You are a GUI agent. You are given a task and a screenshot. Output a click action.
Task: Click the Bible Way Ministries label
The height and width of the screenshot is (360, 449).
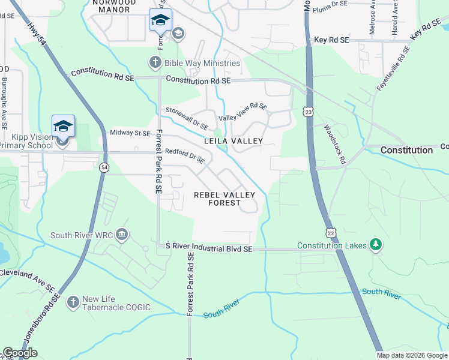pyautogui.click(x=203, y=63)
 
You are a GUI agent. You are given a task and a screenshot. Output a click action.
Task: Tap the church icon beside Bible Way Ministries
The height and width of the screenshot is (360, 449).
pyautogui.click(x=155, y=62)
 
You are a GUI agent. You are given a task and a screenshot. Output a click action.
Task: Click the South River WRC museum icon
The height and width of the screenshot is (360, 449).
pyautogui.click(x=121, y=233)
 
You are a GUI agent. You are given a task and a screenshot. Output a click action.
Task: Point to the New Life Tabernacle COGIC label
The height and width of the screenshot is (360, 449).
pyautogui.click(x=116, y=304)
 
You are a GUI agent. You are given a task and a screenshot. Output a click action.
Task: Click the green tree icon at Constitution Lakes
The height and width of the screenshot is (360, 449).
pyautogui.click(x=376, y=245)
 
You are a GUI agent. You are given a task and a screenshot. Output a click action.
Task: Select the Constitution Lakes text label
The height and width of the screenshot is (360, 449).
pyautogui.click(x=333, y=247)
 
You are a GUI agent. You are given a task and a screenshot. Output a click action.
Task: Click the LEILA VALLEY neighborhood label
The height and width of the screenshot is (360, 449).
pyautogui.click(x=234, y=141)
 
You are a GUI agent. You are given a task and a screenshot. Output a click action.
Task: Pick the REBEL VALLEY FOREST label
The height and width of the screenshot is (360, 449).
pyautogui.click(x=224, y=199)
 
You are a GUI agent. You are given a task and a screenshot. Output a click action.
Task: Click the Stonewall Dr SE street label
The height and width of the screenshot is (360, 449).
pyautogui.click(x=187, y=119)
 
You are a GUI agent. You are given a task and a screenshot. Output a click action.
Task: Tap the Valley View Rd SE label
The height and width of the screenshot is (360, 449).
pyautogui.click(x=243, y=112)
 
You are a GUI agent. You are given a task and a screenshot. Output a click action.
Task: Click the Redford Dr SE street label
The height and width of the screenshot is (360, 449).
pyautogui.click(x=185, y=156)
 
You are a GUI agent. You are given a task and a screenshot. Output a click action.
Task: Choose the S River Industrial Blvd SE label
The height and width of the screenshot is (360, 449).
pyautogui.click(x=209, y=248)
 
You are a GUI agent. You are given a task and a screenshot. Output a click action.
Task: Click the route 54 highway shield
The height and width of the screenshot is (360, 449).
pyautogui.click(x=104, y=167)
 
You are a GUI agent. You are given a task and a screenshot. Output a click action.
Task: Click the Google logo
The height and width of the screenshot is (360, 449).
pyautogui.click(x=20, y=353)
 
